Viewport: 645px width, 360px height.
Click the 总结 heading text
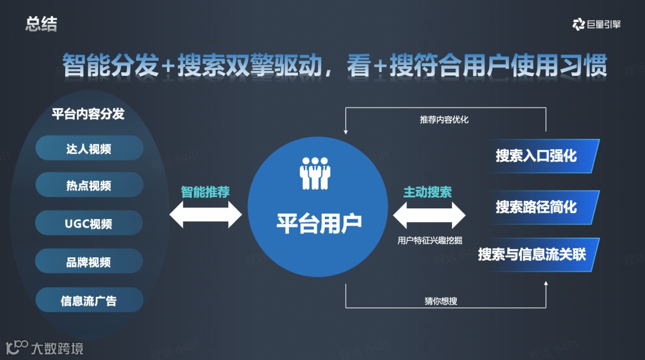tap(41, 24)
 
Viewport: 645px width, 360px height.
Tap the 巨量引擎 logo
tap(596, 24)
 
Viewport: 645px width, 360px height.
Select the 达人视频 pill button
tap(89, 148)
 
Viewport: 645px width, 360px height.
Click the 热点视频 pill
tap(89, 186)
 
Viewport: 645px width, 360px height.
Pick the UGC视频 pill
tap(89, 224)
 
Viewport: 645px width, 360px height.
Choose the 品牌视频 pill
tap(89, 262)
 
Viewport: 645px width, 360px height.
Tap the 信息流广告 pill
tap(89, 300)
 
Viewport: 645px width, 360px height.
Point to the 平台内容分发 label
tap(88, 113)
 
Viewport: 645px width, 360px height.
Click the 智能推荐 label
tap(205, 192)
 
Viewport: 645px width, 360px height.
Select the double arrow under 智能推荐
tap(205, 214)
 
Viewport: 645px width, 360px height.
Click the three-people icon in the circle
tap(315, 173)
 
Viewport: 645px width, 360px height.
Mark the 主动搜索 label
tap(428, 192)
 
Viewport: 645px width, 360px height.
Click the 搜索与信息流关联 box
tap(532, 254)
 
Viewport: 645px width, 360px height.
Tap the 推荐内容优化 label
tap(444, 119)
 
